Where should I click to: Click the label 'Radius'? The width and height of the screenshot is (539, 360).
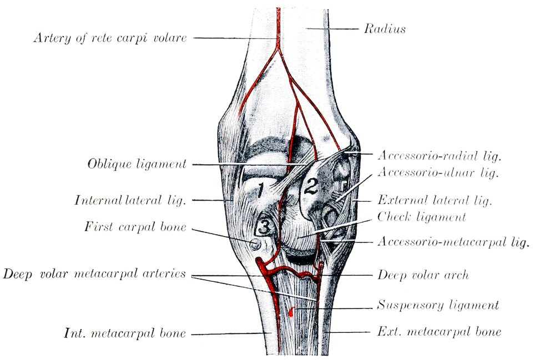coord(385,29)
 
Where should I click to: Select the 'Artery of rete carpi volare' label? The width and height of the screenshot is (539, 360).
coord(110,38)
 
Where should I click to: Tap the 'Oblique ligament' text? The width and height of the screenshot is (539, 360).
coord(137,164)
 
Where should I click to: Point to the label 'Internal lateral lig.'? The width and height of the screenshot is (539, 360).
coord(130,200)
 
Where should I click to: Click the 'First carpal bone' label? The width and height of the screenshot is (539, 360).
coord(135,227)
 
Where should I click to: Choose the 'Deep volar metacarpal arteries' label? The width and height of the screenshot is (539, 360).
coord(94,274)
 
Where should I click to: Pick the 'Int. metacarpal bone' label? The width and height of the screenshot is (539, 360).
coord(125,333)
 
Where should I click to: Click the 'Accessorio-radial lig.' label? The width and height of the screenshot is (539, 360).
coord(440,156)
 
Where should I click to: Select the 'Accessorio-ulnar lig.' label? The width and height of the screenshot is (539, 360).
coord(438,172)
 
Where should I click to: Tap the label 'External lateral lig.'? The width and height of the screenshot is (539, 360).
coord(435,200)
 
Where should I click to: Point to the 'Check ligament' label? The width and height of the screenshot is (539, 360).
coord(421,217)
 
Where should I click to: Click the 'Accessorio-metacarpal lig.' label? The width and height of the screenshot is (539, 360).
coord(453,242)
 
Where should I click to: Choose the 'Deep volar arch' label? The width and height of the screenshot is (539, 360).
coord(423,274)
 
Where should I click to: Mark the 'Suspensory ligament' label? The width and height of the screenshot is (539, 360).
coord(438,305)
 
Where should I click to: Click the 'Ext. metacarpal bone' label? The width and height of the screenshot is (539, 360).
coord(439,332)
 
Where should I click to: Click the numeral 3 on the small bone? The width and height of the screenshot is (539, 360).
coord(265,227)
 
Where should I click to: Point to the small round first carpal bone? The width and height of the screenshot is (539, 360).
coord(255,244)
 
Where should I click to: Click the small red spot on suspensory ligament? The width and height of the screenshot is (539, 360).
coord(291,311)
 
